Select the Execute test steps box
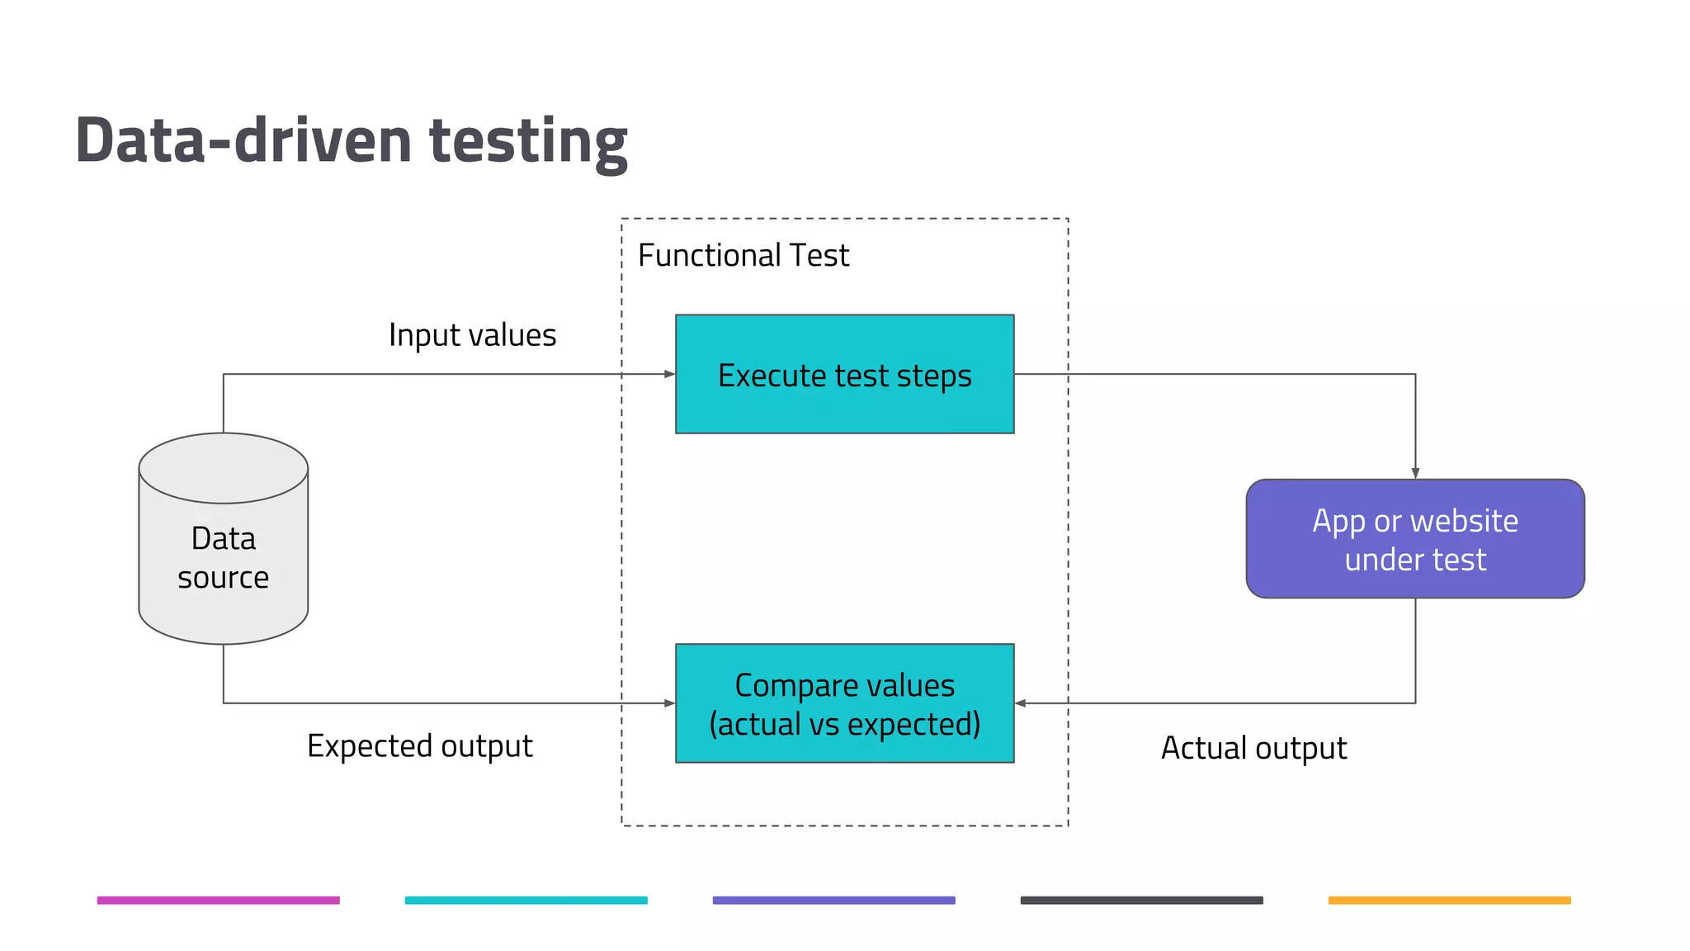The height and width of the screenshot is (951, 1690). tap(844, 374)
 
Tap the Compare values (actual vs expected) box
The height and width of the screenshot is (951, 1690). tap(844, 703)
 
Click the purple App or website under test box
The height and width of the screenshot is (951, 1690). tap(1414, 538)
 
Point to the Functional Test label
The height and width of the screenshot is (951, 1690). tap(743, 256)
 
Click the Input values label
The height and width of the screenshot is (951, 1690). tap(472, 335)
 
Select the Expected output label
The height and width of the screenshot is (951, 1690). tap(419, 746)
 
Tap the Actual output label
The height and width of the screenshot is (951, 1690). tap(1253, 748)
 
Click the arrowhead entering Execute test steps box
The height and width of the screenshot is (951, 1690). tap(670, 374)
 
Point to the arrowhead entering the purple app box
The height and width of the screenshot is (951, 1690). tap(1415, 474)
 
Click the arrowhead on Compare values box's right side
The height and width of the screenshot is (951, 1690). tap(1021, 703)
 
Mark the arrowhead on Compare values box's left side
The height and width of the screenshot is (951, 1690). tap(670, 703)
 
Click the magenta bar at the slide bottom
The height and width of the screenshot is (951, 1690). tap(218, 900)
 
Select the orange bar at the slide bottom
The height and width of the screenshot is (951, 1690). tap(1449, 900)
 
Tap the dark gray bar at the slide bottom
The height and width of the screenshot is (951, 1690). tap(1141, 900)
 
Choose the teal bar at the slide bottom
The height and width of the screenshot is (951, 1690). tap(526, 900)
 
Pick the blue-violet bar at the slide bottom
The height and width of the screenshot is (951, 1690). tap(833, 900)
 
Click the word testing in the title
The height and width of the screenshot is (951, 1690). tap(528, 142)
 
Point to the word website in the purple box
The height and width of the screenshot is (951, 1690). tap(1464, 521)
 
